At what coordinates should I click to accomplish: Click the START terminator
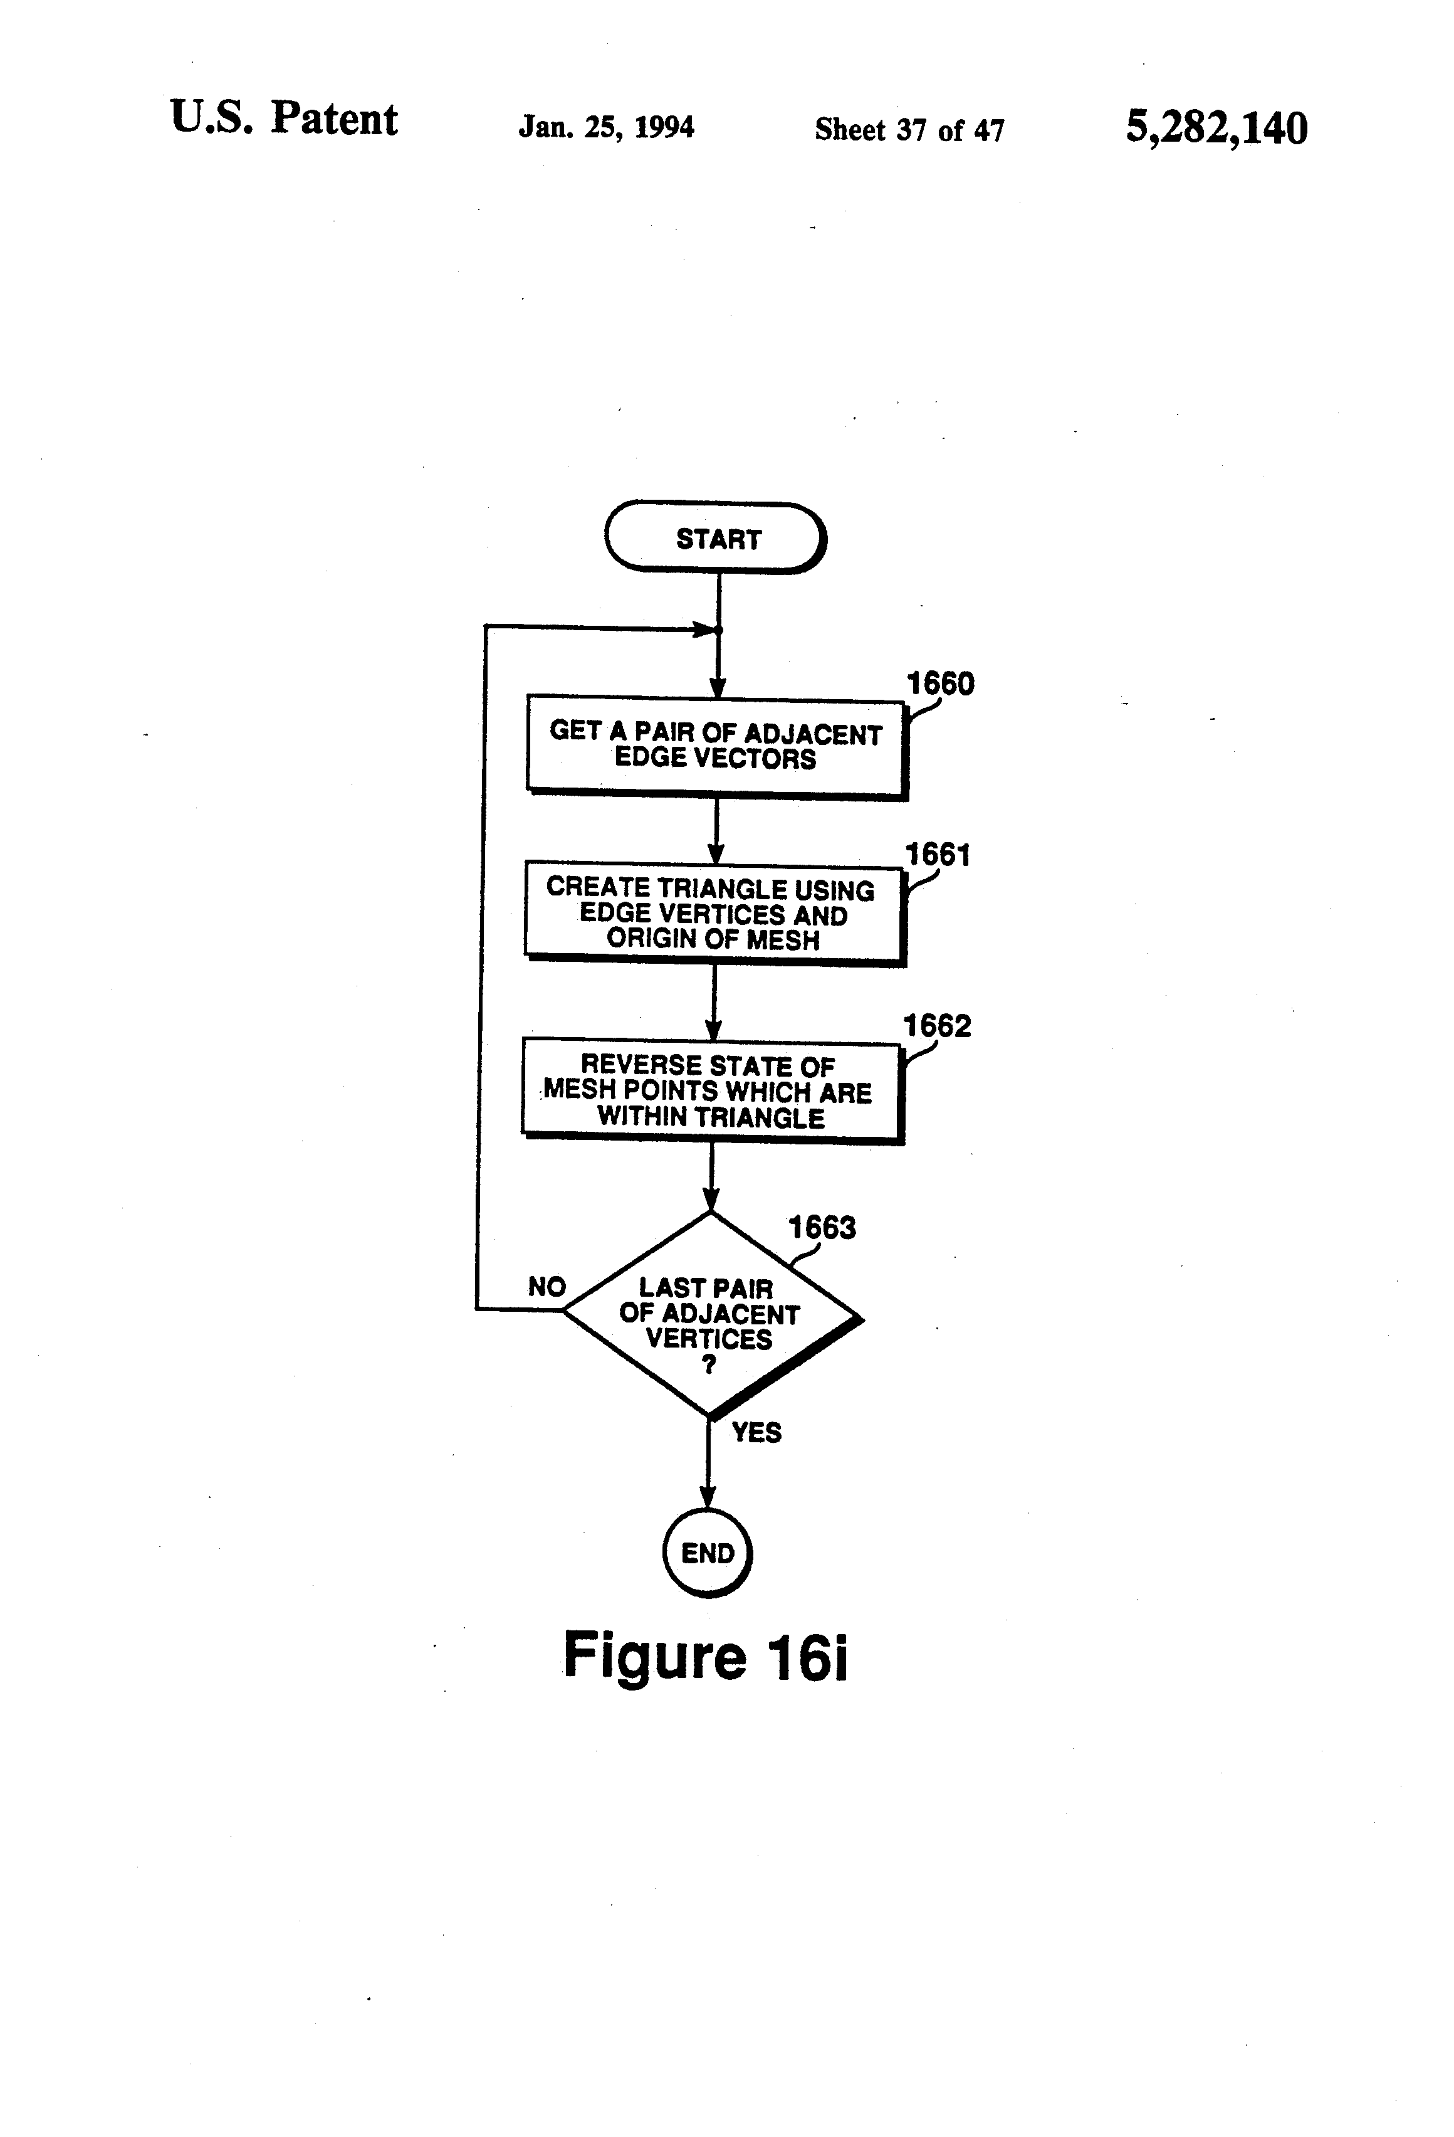[x=716, y=538]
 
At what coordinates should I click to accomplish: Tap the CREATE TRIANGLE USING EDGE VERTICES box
[x=715, y=913]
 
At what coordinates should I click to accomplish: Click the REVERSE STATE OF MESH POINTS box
[x=713, y=1092]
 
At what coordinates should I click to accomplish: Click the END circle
[x=708, y=1553]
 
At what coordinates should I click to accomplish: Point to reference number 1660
[x=940, y=683]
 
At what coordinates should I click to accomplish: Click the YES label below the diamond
[x=756, y=1432]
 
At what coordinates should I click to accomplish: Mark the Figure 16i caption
[x=705, y=1655]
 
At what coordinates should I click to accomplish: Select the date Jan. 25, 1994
[x=607, y=126]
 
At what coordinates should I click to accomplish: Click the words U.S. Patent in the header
[x=284, y=119]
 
